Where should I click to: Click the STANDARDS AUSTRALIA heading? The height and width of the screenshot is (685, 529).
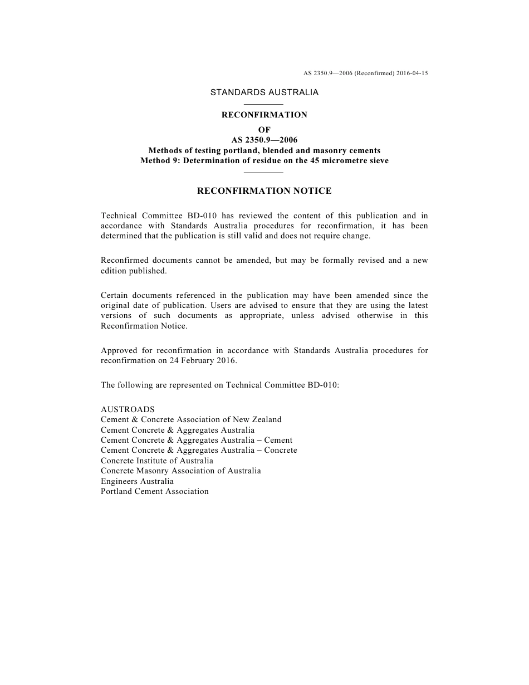click(x=264, y=92)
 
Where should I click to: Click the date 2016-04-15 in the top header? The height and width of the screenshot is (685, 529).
click(x=413, y=73)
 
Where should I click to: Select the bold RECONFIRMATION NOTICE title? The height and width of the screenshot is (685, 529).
click(x=264, y=191)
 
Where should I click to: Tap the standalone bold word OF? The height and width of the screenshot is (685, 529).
click(x=264, y=130)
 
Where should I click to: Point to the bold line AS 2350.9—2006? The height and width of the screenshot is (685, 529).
click(x=264, y=140)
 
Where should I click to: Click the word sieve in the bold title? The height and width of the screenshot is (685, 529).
click(x=378, y=160)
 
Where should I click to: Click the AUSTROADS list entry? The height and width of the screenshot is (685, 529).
click(x=128, y=409)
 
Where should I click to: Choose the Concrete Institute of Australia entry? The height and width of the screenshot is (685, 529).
click(x=157, y=461)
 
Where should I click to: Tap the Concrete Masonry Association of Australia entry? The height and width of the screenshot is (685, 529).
click(x=181, y=471)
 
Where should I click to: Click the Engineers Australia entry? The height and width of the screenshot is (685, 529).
click(x=137, y=481)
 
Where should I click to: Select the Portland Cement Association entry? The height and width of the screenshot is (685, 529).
click(x=155, y=491)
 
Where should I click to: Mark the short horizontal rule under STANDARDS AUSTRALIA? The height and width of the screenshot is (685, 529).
click(x=264, y=104)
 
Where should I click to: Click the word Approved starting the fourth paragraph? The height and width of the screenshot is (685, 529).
click(x=119, y=350)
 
